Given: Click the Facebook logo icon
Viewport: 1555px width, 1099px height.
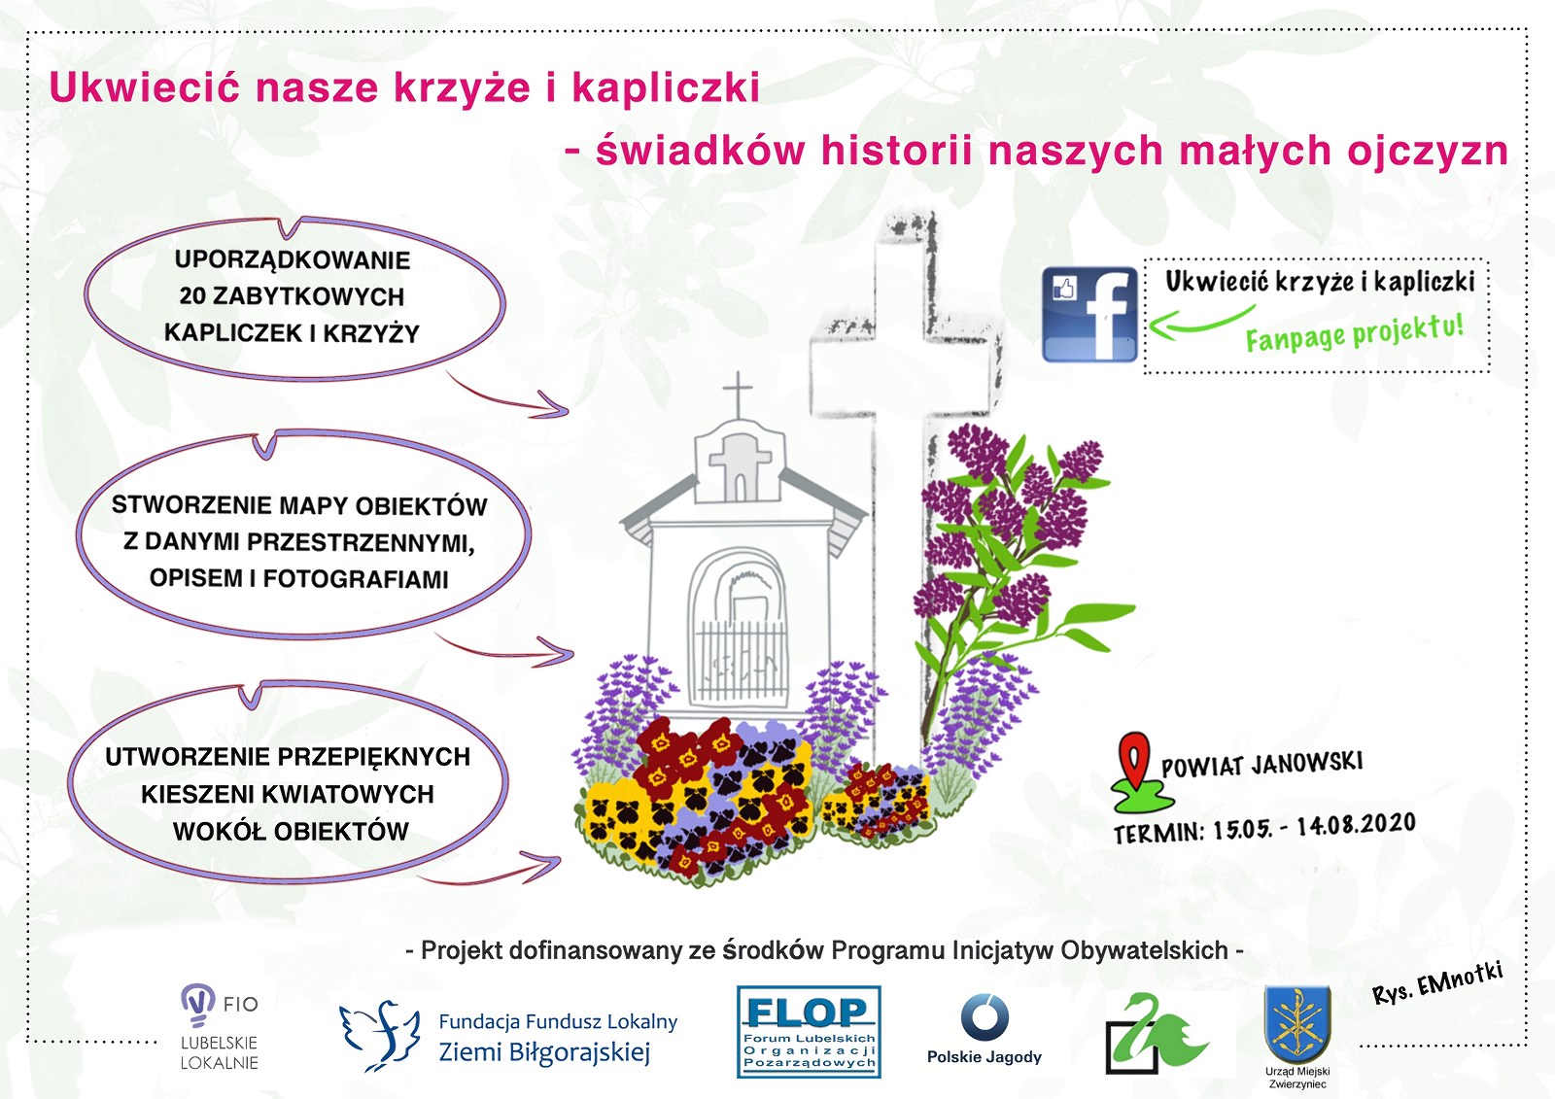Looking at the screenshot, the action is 1089,315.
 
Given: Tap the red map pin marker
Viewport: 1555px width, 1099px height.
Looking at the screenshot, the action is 1133,760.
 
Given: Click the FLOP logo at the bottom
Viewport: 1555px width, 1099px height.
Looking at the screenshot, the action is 809,1032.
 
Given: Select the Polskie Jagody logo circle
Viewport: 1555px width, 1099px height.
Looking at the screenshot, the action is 985,1017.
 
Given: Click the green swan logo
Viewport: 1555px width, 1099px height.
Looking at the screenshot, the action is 1156,1032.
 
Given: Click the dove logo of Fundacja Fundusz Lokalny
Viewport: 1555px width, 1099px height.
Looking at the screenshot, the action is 380,1035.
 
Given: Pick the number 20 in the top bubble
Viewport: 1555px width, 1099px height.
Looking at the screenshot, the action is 193,296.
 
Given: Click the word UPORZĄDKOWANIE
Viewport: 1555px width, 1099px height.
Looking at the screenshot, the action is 293,260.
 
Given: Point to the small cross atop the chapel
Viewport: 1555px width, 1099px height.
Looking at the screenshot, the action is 738,394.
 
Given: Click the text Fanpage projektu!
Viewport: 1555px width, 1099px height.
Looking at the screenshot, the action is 1355,333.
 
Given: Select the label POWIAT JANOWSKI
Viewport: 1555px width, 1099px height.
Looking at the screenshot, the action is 1262,764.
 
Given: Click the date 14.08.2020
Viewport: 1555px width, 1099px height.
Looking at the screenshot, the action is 1356,825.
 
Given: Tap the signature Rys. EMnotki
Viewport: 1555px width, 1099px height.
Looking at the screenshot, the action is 1437,982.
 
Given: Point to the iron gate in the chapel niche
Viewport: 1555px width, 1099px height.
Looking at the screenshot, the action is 741,661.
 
